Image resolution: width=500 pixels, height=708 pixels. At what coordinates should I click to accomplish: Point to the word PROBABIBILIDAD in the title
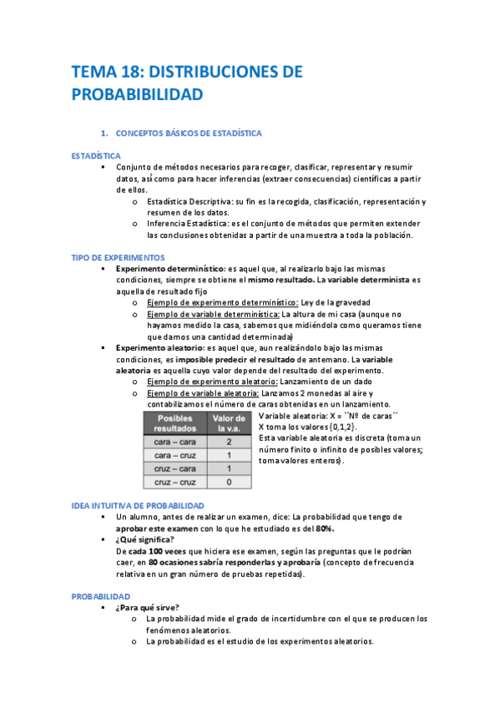[137, 96]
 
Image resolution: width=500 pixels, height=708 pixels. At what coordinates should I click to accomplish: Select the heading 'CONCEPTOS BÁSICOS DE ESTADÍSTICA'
[189, 133]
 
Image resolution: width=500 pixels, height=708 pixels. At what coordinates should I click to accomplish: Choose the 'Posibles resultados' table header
[174, 422]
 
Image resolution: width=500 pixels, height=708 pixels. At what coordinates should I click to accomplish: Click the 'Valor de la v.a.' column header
[229, 422]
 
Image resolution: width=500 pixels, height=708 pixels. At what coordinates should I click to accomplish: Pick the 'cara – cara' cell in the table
[174, 441]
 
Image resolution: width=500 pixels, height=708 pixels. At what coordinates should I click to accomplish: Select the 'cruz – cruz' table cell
[174, 482]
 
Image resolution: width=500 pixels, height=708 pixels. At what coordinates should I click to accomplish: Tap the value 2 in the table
[229, 441]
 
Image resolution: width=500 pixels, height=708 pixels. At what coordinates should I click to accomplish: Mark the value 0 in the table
[229, 482]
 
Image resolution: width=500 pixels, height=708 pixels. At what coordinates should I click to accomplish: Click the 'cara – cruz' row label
[174, 455]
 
